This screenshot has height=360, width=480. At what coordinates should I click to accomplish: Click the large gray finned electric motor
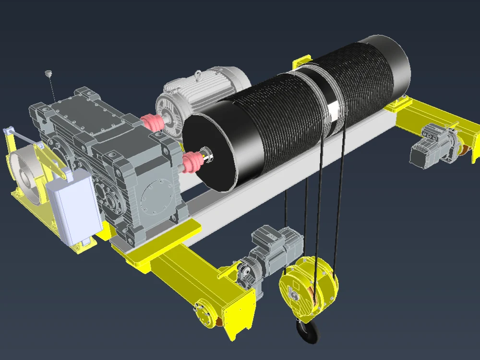point(202,94)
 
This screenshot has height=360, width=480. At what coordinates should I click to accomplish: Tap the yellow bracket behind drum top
point(301,65)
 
